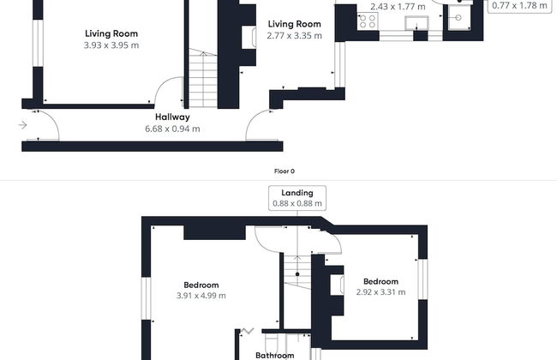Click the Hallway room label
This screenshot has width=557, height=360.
click(172, 117)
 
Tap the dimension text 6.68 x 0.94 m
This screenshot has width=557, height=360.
click(172, 129)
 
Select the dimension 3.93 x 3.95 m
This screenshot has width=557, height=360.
click(112, 45)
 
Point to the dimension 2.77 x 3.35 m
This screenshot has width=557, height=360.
click(294, 36)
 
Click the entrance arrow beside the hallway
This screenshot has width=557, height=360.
click(21, 125)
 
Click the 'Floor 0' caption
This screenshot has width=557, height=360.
click(284, 171)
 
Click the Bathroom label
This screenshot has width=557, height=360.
click(274, 355)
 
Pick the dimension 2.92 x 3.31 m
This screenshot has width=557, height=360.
click(380, 292)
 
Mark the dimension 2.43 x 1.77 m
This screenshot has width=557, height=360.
click(397, 7)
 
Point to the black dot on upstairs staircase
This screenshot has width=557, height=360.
click(296, 274)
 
